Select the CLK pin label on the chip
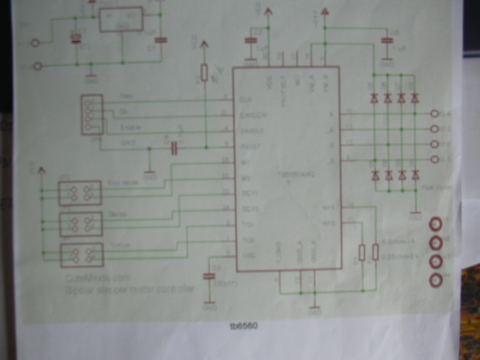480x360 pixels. pos(243,99)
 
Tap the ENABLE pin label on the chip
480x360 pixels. pos(251,131)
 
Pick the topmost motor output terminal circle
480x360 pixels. pos(435,113)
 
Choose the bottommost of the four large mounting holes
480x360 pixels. pos(436,280)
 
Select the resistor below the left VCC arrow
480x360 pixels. pos(204,73)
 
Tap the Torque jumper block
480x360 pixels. pos(82,255)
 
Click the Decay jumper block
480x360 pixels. pos(81,224)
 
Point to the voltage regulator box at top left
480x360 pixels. pos(121,19)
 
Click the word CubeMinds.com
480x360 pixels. pos(98,278)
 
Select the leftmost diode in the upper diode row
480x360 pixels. pos(374,98)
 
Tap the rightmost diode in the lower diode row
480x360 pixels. pos(415,175)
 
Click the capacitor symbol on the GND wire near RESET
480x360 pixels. pos(174,149)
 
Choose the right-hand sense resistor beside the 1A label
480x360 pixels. pos(375,252)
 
